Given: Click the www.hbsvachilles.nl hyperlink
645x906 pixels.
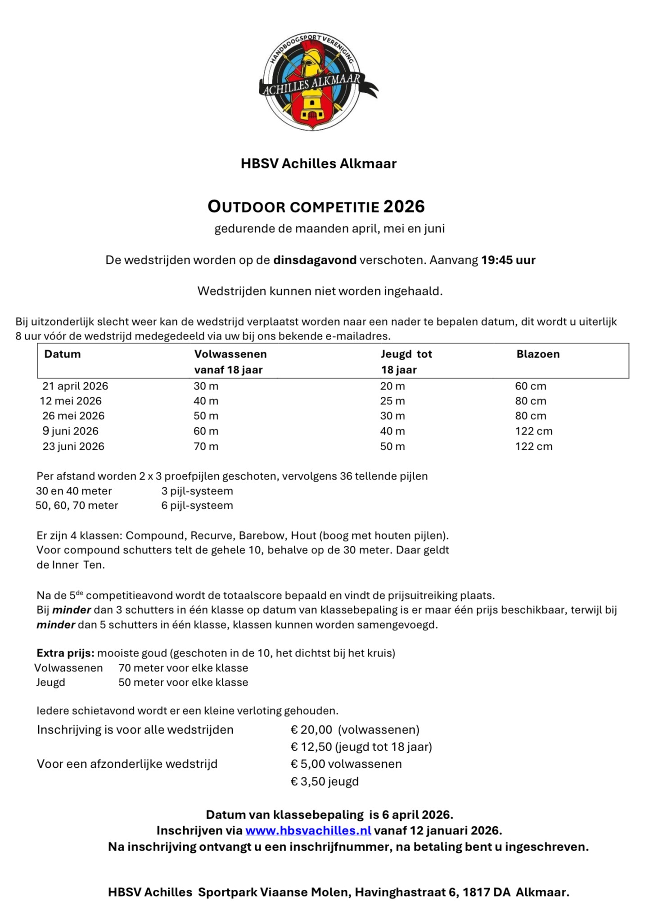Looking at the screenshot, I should pos(308,830).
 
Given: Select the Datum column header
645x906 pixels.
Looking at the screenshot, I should pos(62,354).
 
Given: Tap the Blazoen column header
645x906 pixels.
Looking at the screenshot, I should pos(538,354).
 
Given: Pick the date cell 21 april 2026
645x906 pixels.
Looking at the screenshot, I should pos(75,386).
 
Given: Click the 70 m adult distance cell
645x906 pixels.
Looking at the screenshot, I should pos(206,446).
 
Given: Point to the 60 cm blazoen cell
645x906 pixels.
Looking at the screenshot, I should pos(530,386).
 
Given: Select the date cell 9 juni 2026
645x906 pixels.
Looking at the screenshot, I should pos(70,431).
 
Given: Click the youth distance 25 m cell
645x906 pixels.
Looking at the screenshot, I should pos(392,401).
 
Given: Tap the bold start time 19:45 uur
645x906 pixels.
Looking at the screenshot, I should pos(508,260).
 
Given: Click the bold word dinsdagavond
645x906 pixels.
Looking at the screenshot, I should pos(315,260).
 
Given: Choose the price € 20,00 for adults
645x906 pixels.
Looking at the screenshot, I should pos(311,729).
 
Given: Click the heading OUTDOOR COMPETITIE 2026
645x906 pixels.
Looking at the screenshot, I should pos(316,207).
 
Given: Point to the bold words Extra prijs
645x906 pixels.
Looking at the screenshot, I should pos(65,653).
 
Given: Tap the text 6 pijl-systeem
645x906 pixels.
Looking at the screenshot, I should pos(197,505).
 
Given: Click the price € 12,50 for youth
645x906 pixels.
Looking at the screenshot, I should pos(311,747).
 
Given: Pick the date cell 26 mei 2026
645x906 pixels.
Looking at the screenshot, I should pos(73,416).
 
